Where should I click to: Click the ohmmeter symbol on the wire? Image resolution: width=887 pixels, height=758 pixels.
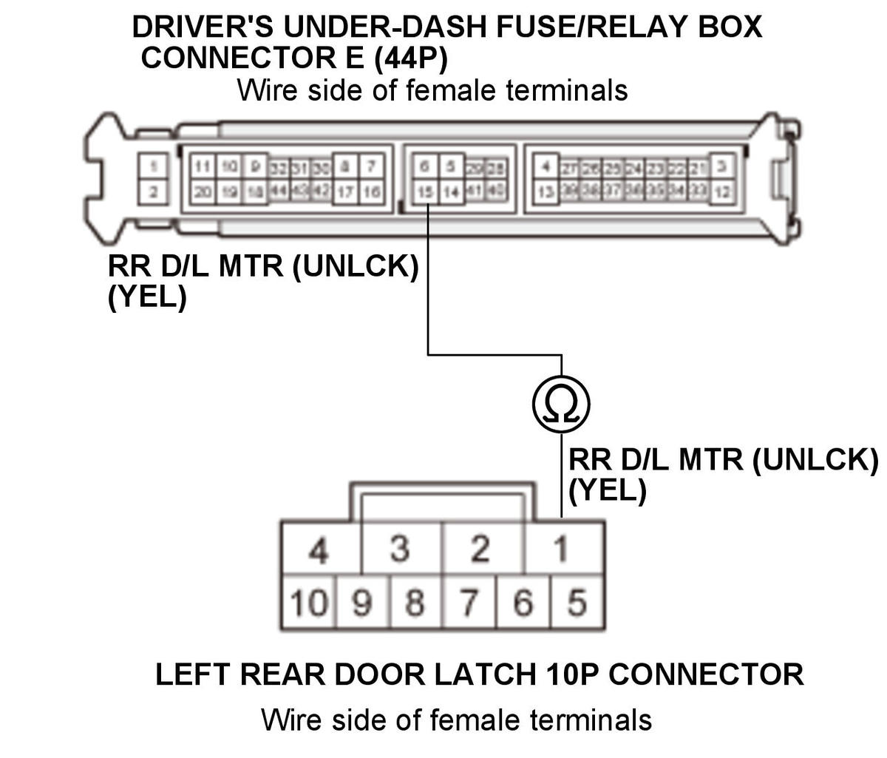[561, 404]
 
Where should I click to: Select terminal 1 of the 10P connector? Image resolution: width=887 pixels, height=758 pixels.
[563, 549]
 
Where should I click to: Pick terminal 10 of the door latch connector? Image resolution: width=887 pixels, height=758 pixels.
[307, 603]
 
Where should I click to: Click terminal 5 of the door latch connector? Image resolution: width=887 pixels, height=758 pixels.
[577, 603]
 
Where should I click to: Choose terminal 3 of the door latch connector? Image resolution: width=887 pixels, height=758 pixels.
[400, 549]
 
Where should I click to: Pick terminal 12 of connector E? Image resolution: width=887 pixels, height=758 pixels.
[723, 192]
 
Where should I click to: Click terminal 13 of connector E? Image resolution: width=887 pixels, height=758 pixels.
[545, 192]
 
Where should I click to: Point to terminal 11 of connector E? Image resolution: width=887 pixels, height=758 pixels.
[202, 166]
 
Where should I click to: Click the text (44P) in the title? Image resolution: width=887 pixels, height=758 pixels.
[410, 58]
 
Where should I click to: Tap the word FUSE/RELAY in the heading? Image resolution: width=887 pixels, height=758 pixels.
[575, 27]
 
